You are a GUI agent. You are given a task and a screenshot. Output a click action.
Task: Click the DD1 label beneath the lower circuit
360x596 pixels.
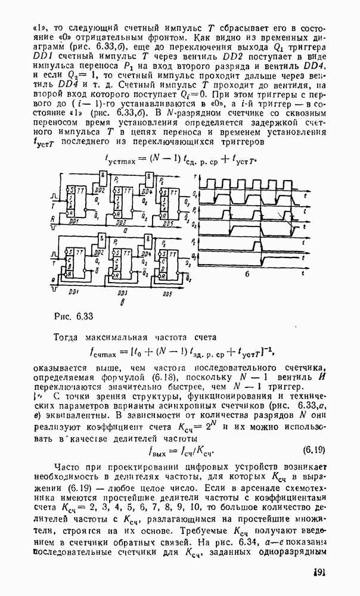pyautogui.click(x=75, y=293)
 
